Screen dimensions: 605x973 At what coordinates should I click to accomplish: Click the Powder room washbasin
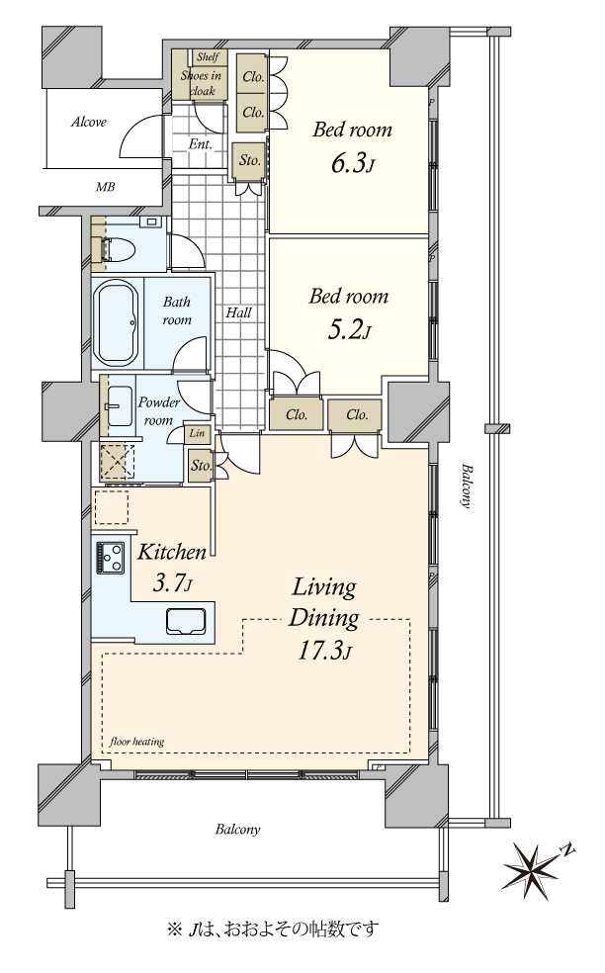pos(120,405)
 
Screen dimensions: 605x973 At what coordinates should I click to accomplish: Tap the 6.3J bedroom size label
pos(352,164)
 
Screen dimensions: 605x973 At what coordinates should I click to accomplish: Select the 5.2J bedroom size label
pos(349,330)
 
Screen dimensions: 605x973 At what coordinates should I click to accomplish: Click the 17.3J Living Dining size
pos(324,651)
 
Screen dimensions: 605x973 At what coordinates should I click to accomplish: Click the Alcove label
pos(89,122)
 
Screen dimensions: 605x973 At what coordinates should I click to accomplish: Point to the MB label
pos(105,186)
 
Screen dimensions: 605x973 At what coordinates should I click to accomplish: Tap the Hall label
pos(238,312)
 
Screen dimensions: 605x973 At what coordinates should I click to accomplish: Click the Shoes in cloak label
pos(201,83)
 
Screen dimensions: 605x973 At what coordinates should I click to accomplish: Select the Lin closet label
pos(197,433)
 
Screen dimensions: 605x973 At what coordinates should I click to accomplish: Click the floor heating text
pos(137,741)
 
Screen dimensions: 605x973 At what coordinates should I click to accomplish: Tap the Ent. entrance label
pos(201,144)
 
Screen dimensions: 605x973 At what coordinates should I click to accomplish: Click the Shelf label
pos(208,57)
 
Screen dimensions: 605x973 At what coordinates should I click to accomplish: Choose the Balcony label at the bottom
pos(238,829)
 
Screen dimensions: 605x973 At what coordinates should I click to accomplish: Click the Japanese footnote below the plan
pos(273,929)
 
